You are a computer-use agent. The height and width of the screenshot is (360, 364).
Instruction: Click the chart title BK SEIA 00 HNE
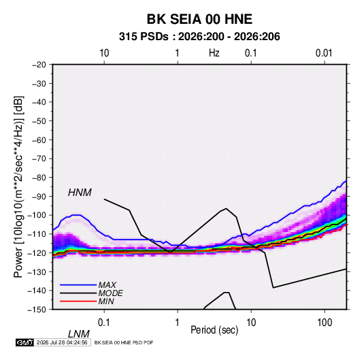[x=199, y=19]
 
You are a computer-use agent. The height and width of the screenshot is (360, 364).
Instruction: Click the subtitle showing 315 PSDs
[x=199, y=37]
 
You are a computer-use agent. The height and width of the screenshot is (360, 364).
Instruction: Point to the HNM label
[x=80, y=193]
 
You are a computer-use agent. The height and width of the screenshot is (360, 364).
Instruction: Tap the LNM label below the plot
[x=79, y=334]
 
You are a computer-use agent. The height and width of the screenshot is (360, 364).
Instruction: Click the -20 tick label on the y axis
[x=39, y=65]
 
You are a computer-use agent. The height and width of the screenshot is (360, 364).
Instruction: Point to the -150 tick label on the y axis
[x=37, y=310]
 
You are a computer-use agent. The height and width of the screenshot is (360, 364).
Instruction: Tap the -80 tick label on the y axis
[x=39, y=178]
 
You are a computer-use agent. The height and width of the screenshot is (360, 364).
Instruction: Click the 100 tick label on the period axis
[x=325, y=323]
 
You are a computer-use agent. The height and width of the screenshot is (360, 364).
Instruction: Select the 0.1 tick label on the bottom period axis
[x=104, y=323]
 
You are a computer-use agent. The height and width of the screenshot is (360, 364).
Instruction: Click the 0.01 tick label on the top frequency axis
[x=324, y=53]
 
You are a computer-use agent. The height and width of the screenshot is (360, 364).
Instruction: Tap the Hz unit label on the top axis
[x=214, y=53]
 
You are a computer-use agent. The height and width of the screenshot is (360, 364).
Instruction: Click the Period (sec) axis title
[x=214, y=330]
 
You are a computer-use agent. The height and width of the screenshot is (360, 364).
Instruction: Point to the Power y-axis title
[x=18, y=186]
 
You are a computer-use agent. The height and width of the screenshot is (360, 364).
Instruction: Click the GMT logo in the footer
[x=25, y=342]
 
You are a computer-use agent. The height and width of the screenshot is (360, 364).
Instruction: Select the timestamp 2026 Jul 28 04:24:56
[x=62, y=342]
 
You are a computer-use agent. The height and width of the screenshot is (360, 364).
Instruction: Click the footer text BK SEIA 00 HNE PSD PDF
[x=124, y=342]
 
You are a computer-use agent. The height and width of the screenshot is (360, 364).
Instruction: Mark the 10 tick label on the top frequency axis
[x=104, y=53]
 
